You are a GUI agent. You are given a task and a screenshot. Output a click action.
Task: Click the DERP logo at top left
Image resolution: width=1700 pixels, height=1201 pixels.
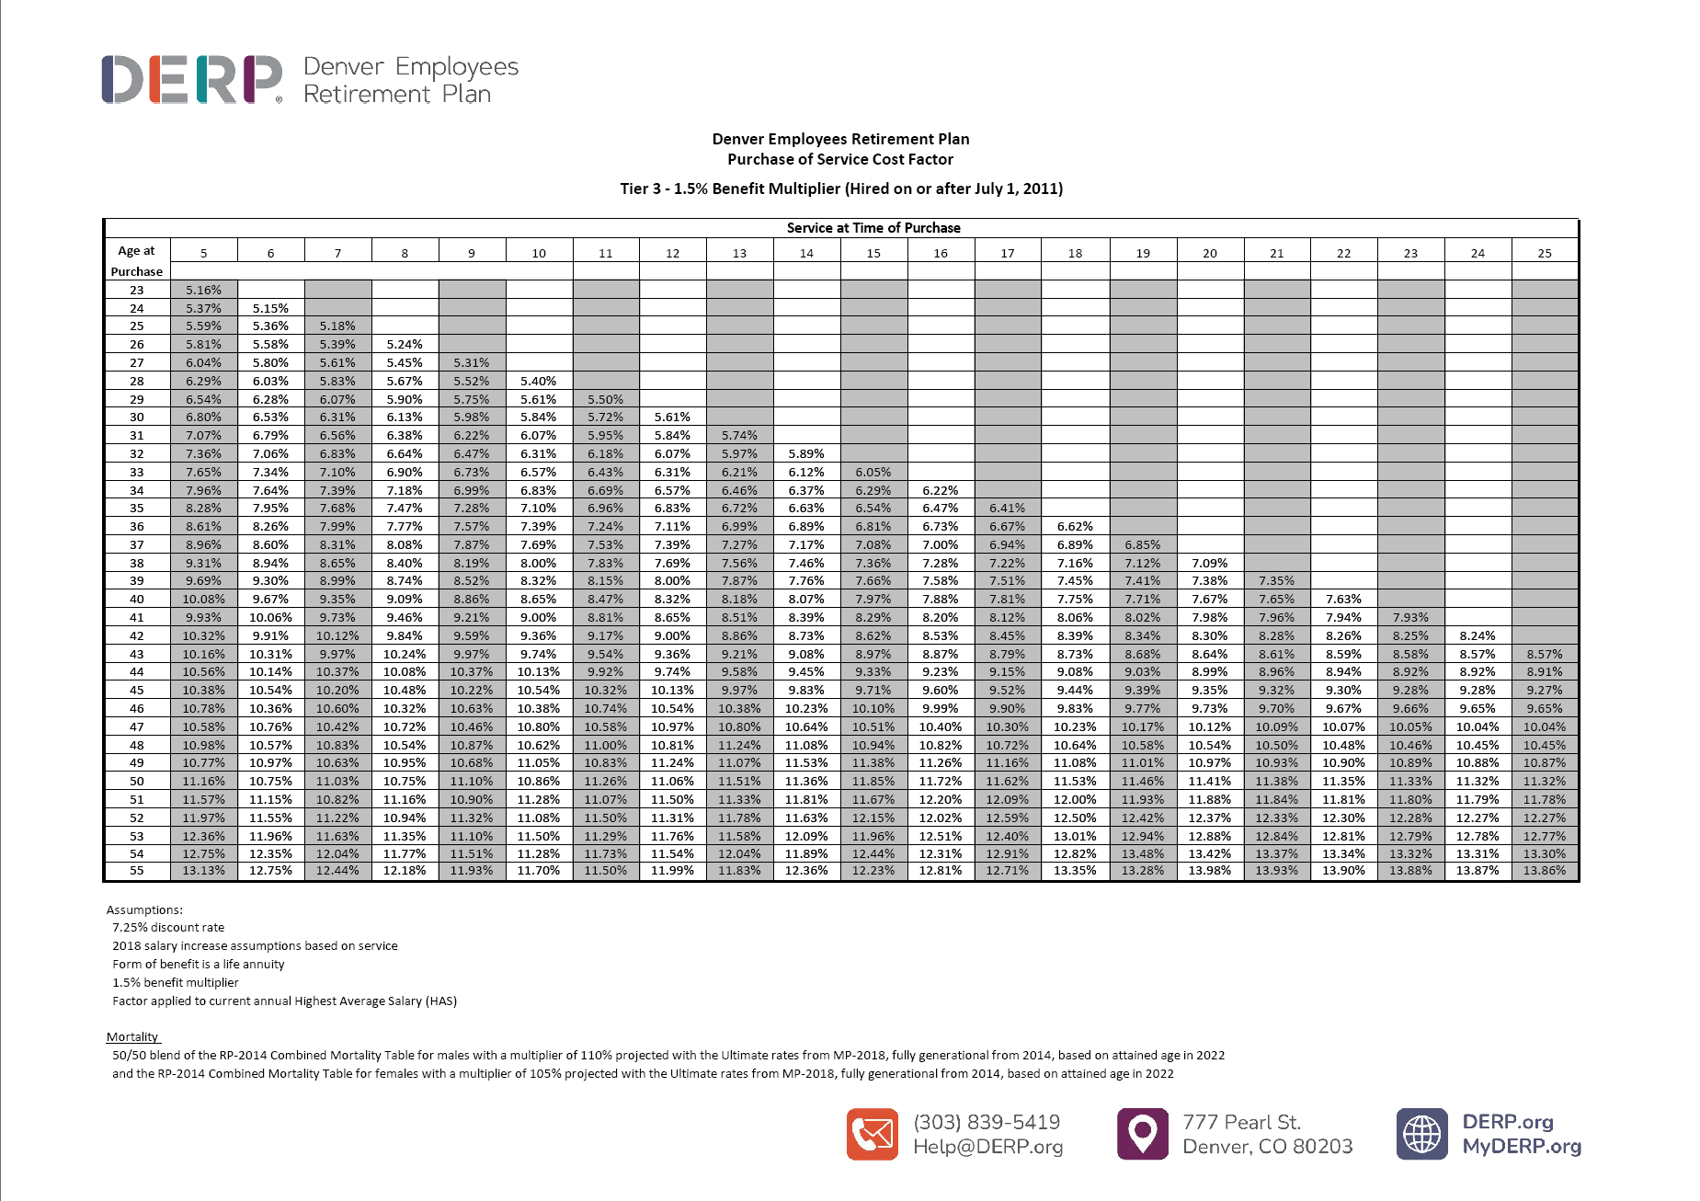192,79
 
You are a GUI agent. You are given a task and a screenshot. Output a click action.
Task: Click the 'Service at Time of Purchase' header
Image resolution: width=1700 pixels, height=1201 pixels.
873,228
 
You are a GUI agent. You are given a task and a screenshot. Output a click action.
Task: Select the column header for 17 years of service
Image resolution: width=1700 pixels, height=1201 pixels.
1008,253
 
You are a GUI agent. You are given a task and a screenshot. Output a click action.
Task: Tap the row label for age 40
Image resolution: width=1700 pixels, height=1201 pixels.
137,600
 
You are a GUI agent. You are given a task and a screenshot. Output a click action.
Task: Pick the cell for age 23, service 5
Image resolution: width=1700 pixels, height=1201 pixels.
203,290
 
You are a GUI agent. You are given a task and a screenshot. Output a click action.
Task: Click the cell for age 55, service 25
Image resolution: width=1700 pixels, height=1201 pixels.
1545,871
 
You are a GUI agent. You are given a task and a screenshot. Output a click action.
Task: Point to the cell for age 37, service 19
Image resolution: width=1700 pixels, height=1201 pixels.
1143,544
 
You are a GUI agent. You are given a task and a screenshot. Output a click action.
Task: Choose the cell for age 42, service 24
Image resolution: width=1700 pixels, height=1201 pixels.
1478,635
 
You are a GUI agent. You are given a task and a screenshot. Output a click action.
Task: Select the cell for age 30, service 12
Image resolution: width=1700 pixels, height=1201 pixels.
672,417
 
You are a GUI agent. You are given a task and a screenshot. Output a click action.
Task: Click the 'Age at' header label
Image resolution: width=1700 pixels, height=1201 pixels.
136,250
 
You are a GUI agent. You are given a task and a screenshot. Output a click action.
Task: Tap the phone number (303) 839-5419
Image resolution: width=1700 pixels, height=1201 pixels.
987,1122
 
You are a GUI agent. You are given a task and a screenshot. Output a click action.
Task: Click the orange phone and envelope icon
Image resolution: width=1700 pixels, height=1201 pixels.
872,1134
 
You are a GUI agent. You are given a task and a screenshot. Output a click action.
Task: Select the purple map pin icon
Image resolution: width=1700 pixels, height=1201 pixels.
1142,1134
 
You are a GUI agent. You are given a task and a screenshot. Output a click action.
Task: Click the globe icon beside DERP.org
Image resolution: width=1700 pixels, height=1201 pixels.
1421,1134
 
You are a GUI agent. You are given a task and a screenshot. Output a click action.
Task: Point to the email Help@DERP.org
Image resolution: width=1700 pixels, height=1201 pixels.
987,1147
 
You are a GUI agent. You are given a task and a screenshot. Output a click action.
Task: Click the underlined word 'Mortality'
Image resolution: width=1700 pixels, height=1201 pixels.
132,1036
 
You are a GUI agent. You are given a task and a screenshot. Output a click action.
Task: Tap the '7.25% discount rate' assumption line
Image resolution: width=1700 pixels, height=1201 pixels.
168,927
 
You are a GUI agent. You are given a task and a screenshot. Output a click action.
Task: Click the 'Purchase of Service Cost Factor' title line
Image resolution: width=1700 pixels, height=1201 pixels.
840,159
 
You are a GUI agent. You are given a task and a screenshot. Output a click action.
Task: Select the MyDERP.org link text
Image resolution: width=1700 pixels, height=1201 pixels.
1522,1147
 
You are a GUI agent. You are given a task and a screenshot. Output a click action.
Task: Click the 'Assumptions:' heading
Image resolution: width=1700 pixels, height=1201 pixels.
144,909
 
